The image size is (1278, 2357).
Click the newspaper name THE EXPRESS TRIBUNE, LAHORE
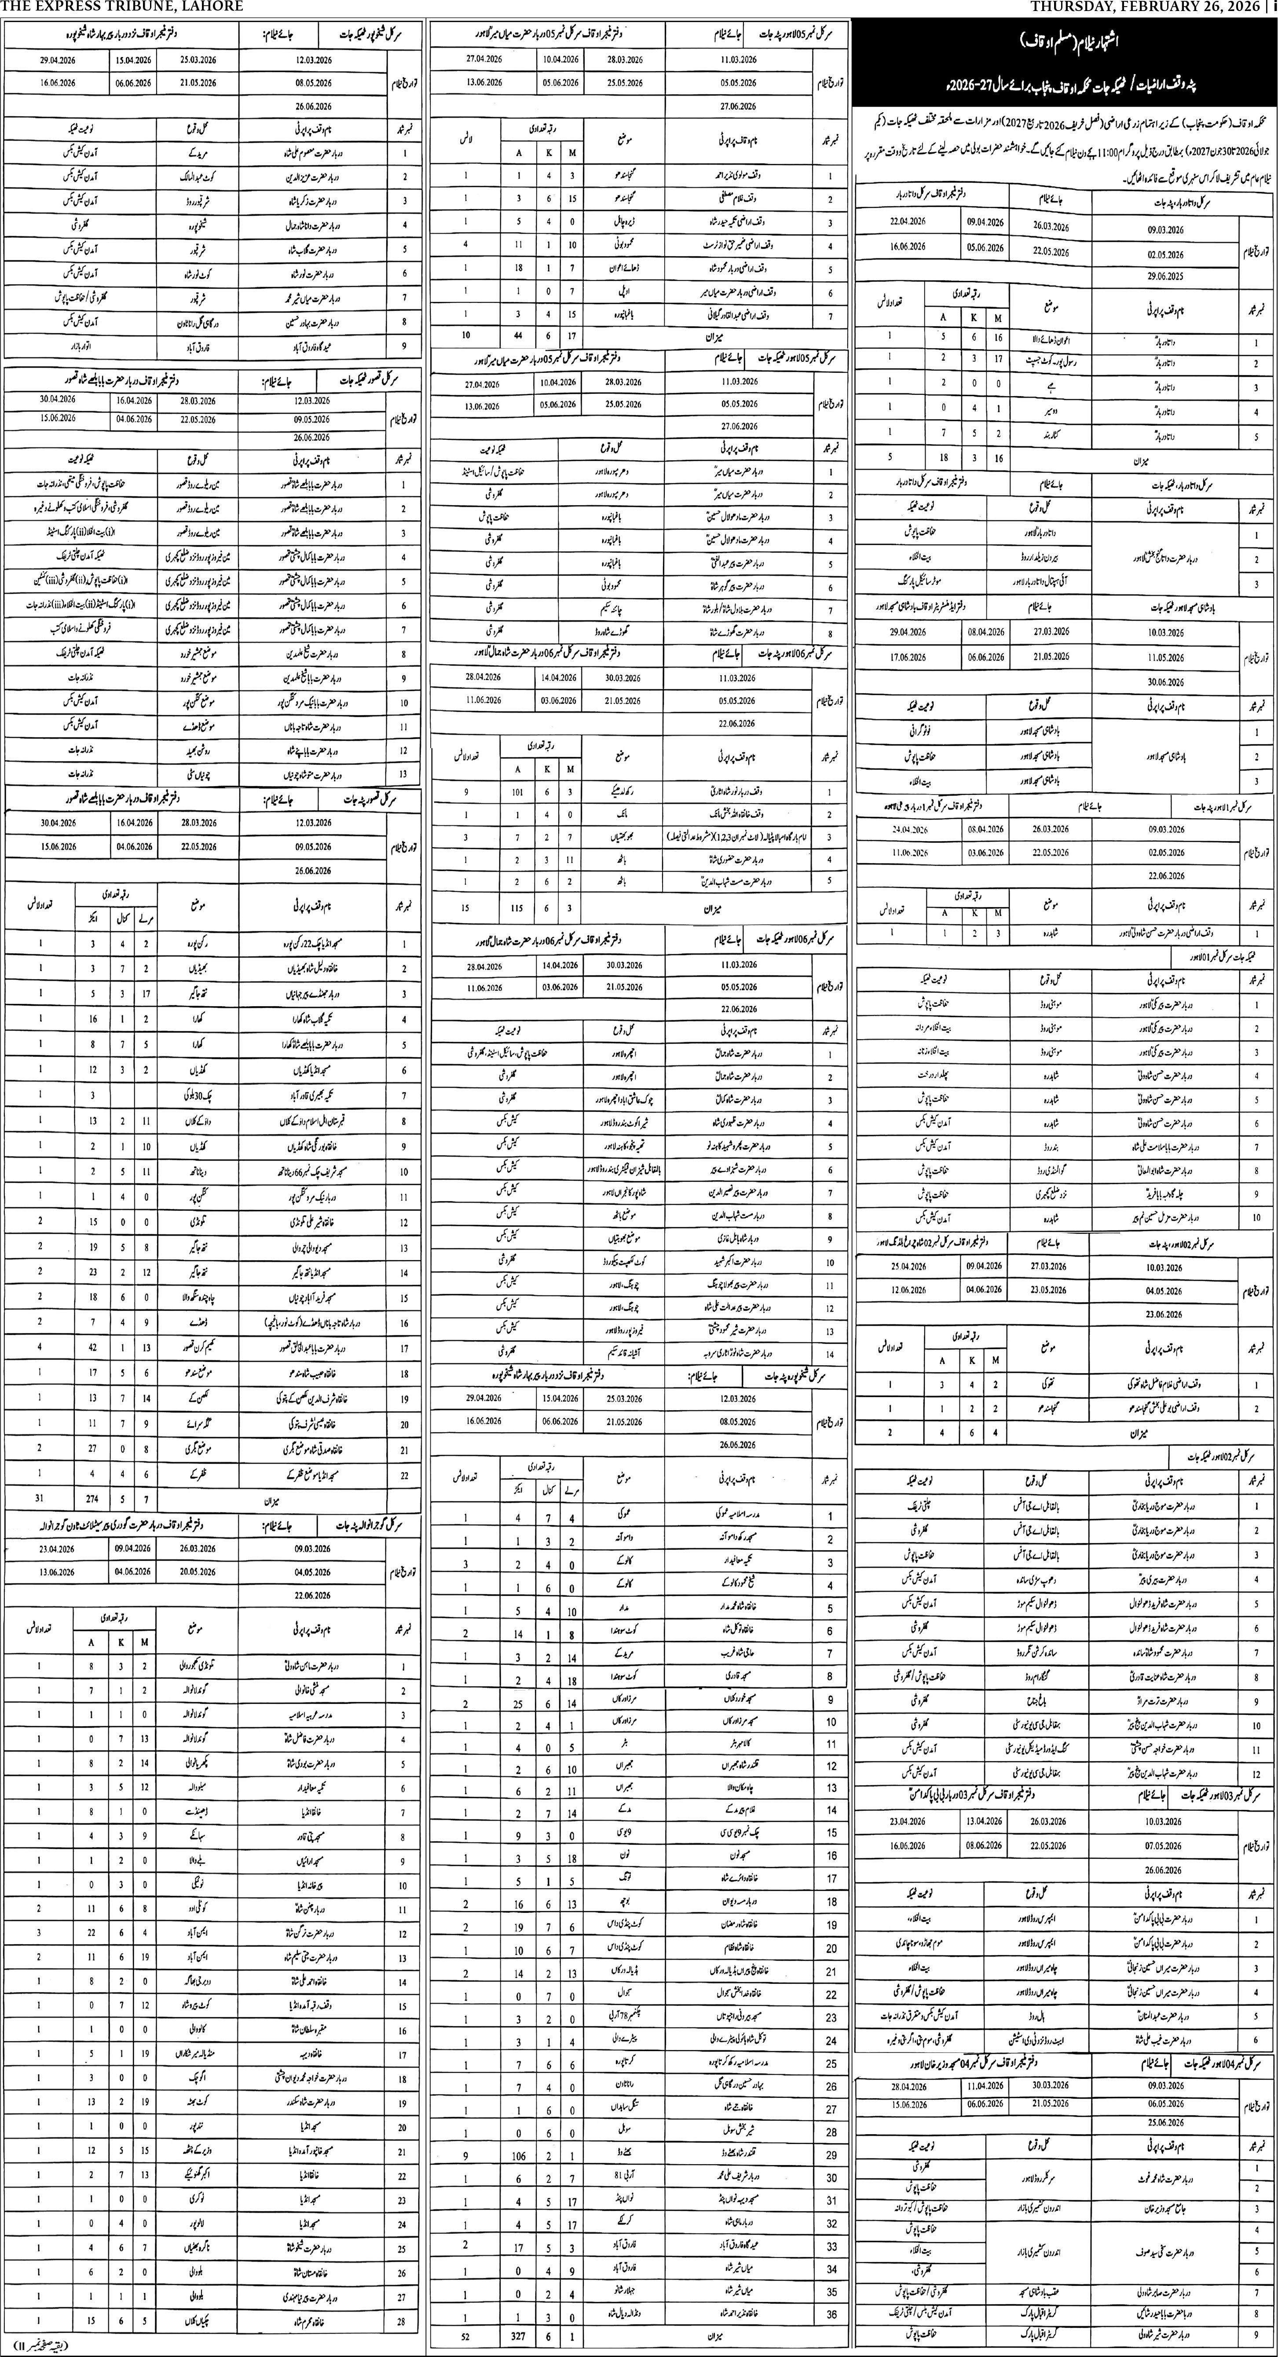(x=122, y=7)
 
